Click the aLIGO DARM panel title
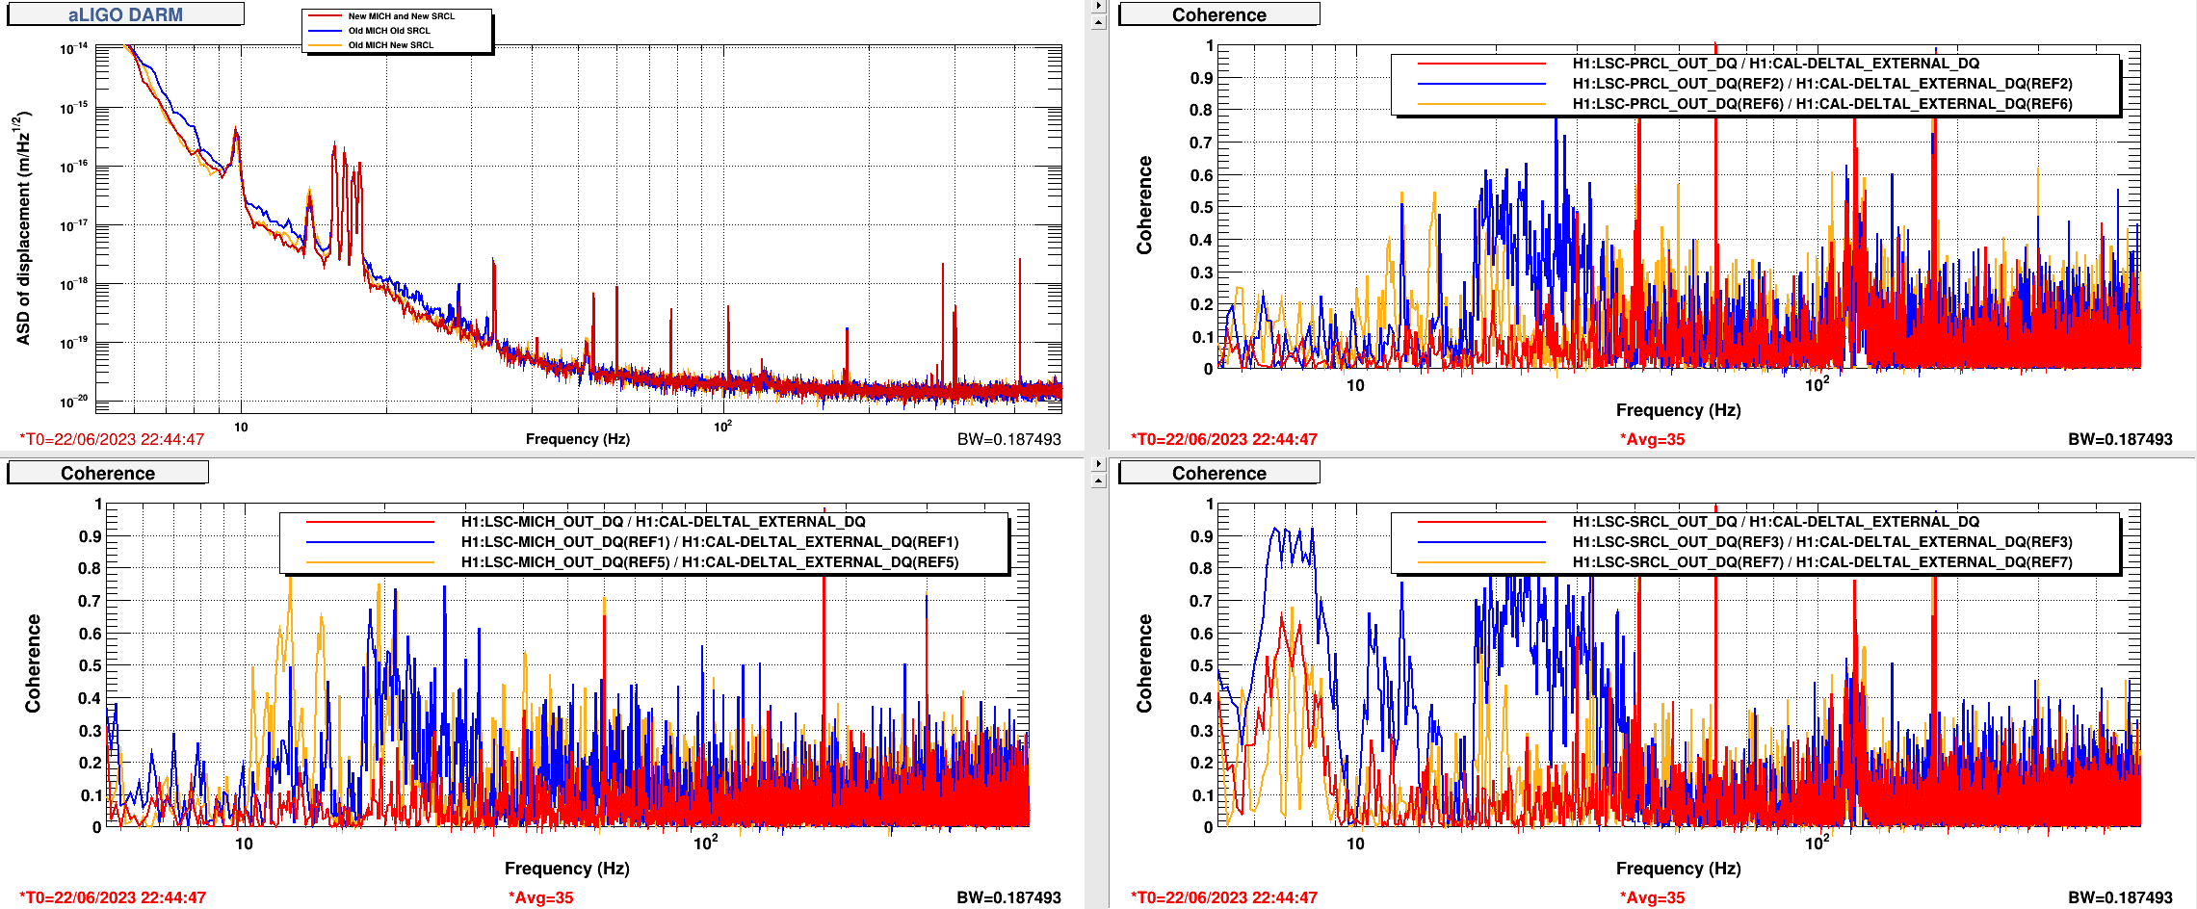tap(125, 14)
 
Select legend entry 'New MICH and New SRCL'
tap(401, 16)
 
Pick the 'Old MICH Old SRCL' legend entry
tap(389, 31)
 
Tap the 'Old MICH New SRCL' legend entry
tap(390, 45)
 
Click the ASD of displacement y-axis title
tap(23, 228)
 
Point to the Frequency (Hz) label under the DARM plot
tap(577, 439)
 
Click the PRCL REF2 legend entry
tap(1821, 84)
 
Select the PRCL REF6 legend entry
tap(1821, 104)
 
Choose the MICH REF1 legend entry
tap(709, 542)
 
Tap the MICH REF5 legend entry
tap(709, 562)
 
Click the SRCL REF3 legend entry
tap(1821, 542)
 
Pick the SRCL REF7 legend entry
tap(1821, 562)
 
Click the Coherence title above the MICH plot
tap(108, 473)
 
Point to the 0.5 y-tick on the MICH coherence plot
tap(90, 665)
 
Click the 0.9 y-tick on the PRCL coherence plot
tap(1201, 78)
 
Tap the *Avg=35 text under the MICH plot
tap(540, 897)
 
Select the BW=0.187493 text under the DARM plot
tap(1008, 439)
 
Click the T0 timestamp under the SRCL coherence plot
tap(1223, 897)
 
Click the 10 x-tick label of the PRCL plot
tap(1355, 386)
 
